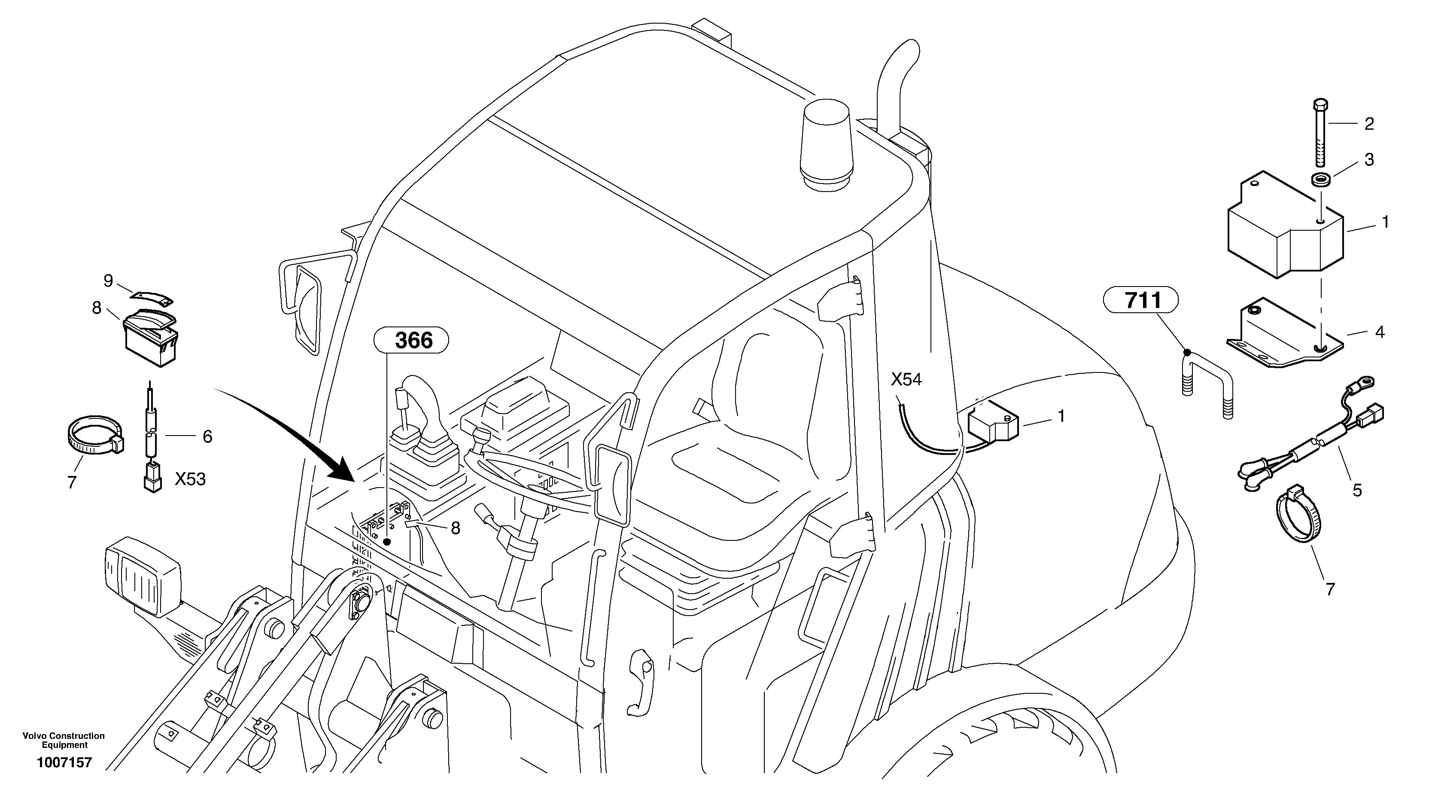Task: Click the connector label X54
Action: [x=906, y=380]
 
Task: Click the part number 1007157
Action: [x=64, y=763]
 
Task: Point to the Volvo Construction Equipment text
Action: [x=64, y=740]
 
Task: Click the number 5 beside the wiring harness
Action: [x=1357, y=491]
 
